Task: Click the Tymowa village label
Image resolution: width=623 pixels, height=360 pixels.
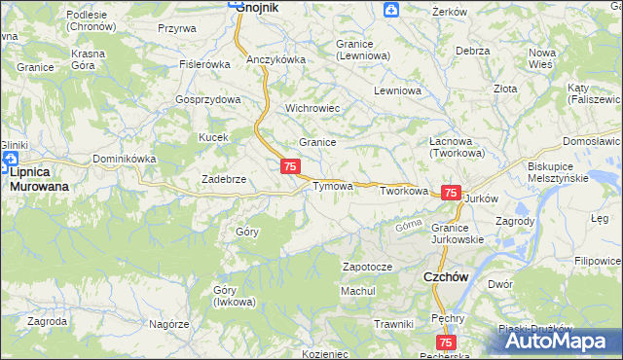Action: pos(331,185)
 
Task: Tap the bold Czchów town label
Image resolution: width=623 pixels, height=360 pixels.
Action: pos(447,276)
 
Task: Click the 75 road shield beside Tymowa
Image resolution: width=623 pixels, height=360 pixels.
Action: pos(290,167)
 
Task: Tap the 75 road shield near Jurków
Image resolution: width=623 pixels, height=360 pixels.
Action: pos(451,193)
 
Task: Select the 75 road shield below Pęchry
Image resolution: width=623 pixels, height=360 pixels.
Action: pos(446,342)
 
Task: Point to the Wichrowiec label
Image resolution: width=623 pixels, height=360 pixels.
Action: pos(311,108)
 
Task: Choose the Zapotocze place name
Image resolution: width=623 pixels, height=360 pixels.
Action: pos(367,266)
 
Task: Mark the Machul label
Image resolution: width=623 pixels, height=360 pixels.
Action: pos(357,291)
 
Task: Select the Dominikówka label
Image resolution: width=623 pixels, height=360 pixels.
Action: pos(124,159)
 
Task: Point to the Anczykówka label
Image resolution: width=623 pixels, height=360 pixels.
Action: pos(275,59)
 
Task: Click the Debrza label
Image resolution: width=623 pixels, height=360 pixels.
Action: pos(471,50)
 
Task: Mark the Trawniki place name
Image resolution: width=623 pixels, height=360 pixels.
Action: pos(394,323)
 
